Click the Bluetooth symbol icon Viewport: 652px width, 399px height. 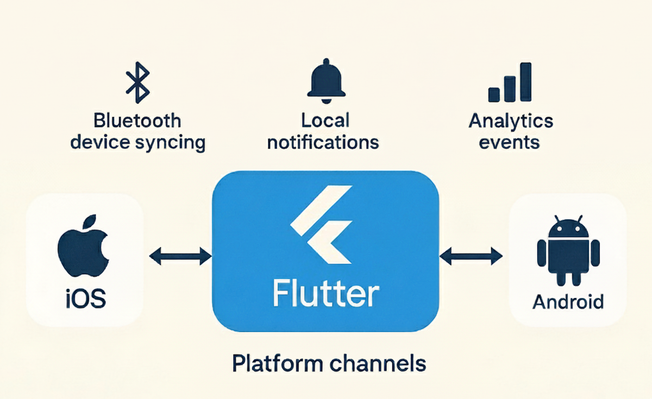point(137,82)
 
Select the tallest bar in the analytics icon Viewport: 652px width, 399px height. point(525,82)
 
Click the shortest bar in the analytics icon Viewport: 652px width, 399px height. point(494,93)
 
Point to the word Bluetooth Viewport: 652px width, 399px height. point(137,121)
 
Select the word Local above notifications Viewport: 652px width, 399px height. point(325,120)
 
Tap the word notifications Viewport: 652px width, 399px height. point(323,142)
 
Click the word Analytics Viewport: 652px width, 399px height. point(511,120)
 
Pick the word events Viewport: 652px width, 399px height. point(511,142)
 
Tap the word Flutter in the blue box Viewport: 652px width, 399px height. point(325,294)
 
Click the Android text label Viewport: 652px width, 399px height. point(568,301)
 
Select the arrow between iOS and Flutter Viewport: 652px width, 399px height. point(180,256)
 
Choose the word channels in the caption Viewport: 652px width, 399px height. point(374,363)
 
